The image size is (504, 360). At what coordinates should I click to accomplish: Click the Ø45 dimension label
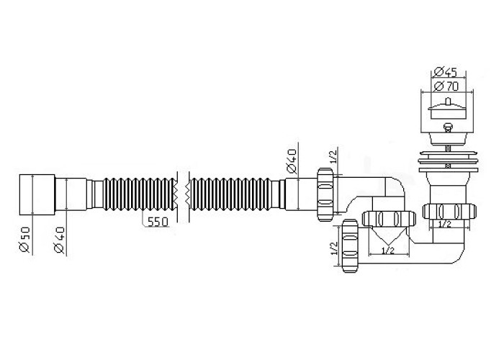tap(445, 72)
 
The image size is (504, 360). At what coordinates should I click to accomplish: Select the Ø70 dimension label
tap(446, 86)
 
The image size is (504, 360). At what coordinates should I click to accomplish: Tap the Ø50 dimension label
tap(24, 240)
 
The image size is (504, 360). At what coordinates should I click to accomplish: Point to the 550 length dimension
tap(158, 222)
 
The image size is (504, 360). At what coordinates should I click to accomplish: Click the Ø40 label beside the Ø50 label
tap(60, 240)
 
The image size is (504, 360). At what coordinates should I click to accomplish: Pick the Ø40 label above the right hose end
tap(292, 161)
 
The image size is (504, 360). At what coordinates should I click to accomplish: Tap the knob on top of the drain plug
tap(447, 102)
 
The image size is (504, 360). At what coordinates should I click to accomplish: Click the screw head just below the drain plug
tap(447, 127)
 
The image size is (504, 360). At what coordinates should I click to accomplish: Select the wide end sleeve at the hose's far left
tap(37, 195)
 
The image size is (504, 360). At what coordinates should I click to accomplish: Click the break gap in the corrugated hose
tap(184, 195)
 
